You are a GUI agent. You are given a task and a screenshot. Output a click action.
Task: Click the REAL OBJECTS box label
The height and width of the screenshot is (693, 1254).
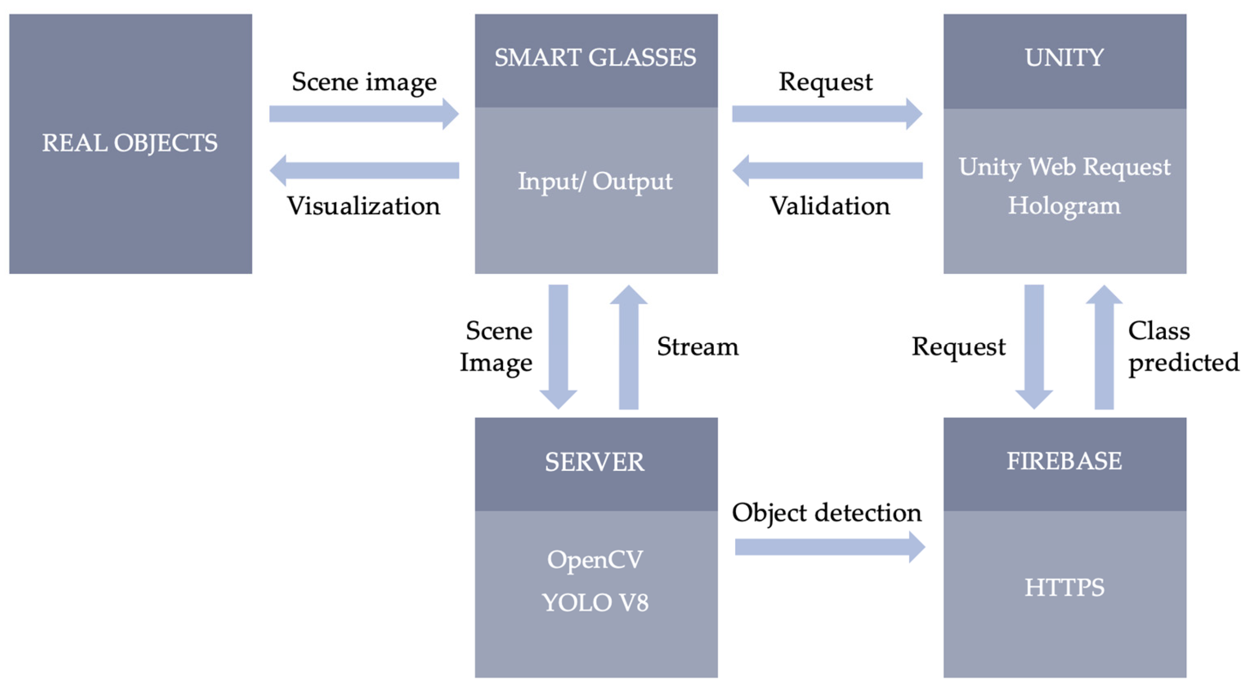[130, 143]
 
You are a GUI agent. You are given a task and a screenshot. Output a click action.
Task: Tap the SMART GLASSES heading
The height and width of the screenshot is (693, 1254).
[595, 58]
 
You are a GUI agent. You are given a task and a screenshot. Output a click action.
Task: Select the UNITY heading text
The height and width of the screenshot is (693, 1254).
[1064, 58]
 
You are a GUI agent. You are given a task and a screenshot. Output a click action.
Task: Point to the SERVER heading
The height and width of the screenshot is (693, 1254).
[595, 462]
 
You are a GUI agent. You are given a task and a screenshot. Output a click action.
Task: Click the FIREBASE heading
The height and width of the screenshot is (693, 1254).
[1064, 461]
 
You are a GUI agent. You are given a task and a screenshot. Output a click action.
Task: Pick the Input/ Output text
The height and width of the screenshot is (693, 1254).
[595, 181]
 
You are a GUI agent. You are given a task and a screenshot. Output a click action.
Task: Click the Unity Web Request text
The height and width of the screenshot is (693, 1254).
[1064, 167]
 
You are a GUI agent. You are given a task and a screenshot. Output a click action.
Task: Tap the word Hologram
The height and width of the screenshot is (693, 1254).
[1064, 205]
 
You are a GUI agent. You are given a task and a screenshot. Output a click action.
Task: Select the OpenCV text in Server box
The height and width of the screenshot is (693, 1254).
[595, 560]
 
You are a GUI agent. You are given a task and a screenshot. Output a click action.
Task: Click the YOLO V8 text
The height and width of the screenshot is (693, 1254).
[595, 602]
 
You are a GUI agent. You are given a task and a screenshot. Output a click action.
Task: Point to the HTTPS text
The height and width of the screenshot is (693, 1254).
[1064, 588]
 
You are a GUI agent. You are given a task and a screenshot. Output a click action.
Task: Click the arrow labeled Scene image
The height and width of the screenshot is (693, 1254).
[363, 114]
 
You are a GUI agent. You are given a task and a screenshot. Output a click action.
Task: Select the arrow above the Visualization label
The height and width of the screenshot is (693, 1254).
[363, 171]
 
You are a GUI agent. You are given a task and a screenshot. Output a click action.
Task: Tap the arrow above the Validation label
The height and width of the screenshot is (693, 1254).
[827, 171]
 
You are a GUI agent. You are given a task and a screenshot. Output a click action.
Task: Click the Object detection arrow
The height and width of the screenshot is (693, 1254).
[829, 547]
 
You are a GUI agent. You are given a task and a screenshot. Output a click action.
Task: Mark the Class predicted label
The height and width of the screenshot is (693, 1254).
[1183, 346]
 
